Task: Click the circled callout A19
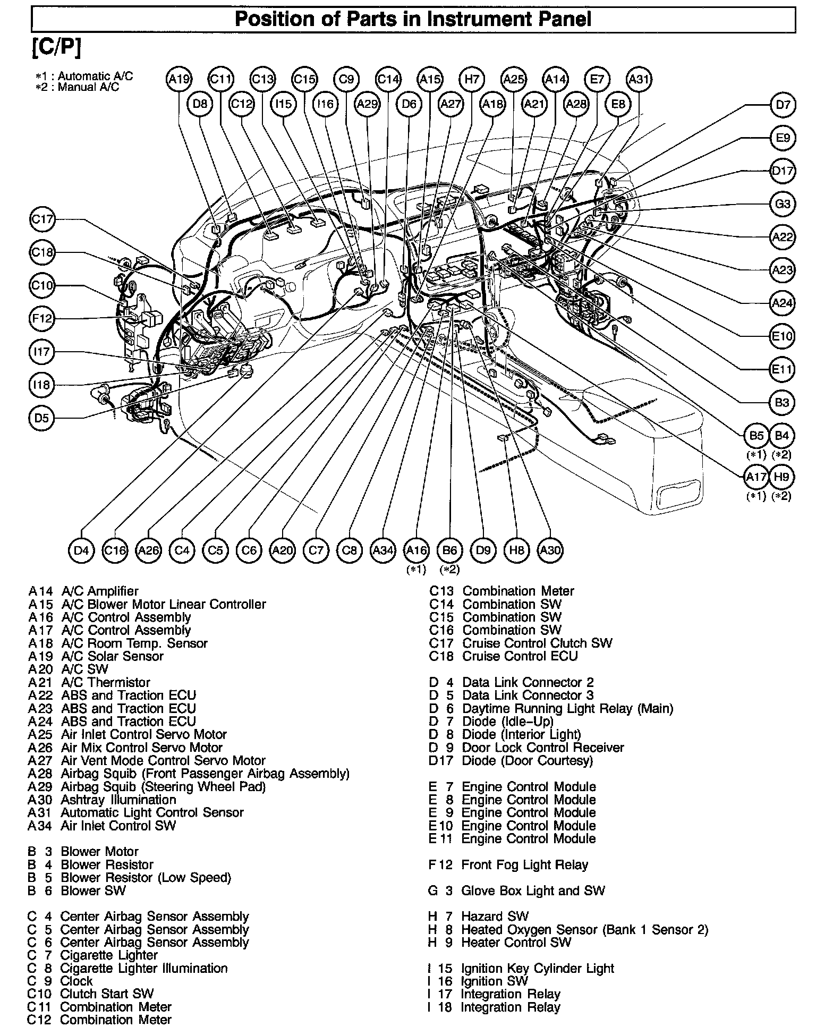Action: pos(179,80)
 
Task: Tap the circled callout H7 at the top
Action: pos(472,80)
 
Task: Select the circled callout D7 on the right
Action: pos(783,105)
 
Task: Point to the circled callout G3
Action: pos(783,204)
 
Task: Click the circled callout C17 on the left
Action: pos(42,219)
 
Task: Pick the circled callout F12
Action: pos(42,319)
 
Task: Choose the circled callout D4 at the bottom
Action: pos(81,550)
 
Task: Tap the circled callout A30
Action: pos(550,550)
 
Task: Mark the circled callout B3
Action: pos(782,403)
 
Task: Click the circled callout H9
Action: pos(781,477)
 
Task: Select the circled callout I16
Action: pos(325,104)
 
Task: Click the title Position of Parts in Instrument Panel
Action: pos(413,20)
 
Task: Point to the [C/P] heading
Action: pos(57,48)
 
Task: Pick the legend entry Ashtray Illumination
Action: pos(118,800)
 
